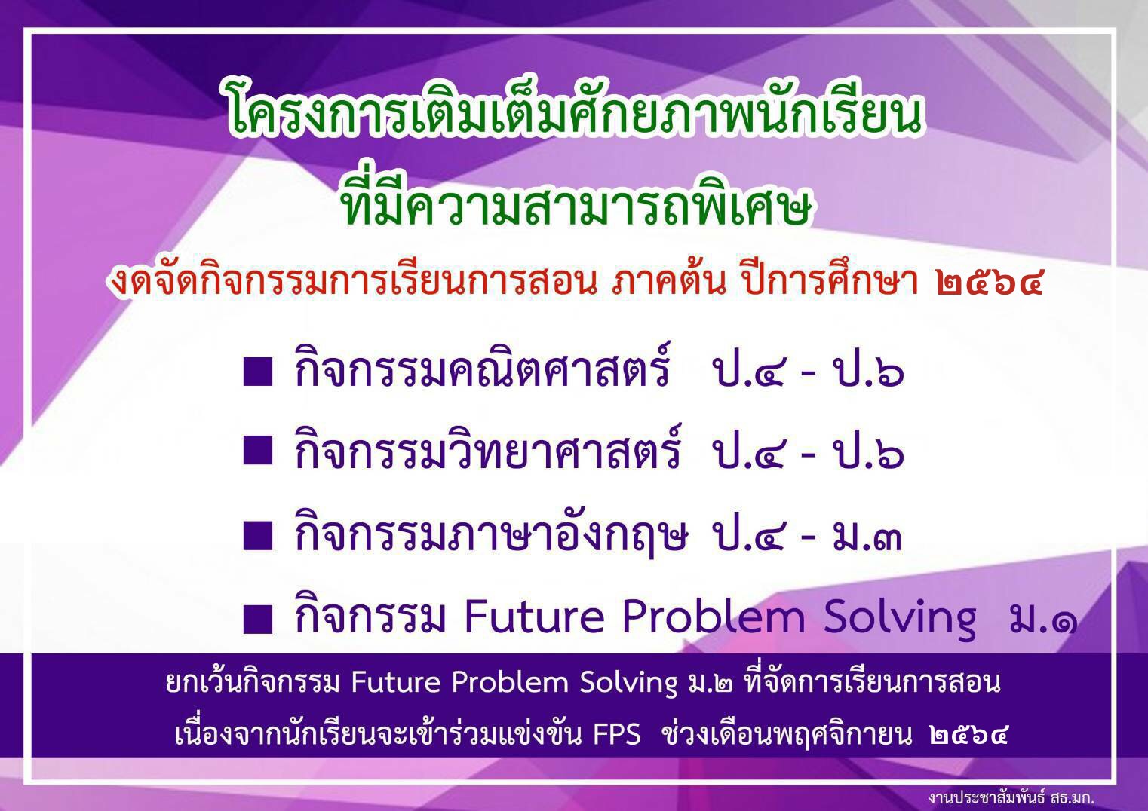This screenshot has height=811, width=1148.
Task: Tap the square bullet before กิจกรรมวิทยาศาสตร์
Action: pos(257,451)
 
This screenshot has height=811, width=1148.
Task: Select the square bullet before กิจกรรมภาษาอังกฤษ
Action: pos(257,536)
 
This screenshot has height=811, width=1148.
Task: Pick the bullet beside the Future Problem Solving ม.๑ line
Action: pos(257,619)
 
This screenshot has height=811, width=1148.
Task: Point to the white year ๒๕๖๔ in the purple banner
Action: pos(968,735)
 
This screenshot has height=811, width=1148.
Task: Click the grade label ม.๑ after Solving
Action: pos(1039,620)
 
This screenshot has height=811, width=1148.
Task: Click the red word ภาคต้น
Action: pos(669,283)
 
